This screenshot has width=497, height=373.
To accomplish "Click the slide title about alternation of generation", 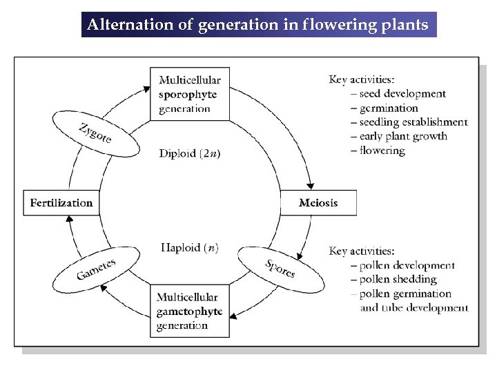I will (x=258, y=25).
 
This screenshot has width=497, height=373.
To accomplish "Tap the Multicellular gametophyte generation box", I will (x=189, y=312).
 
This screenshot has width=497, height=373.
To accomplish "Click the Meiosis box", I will (x=318, y=203).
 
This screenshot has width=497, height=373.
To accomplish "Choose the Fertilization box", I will (x=61, y=203).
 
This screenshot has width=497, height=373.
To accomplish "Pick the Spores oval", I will (x=280, y=268).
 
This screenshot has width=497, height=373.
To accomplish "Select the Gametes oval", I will (x=96, y=269).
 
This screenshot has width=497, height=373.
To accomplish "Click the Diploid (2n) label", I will (x=190, y=153).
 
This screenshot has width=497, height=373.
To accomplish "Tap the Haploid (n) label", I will (x=190, y=247).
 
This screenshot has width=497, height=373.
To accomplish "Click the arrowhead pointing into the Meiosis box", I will (x=311, y=185).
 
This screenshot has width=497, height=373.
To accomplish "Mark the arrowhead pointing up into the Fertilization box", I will (x=68, y=220).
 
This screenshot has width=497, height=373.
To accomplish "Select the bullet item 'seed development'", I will (x=402, y=94).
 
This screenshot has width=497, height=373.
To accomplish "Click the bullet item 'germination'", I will (x=389, y=108).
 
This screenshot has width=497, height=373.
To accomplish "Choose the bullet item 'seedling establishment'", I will (x=413, y=122).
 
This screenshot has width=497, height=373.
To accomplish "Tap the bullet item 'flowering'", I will (x=382, y=151).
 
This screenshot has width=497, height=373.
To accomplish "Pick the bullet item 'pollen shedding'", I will (x=398, y=280).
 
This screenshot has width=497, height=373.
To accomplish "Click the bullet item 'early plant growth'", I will (x=403, y=136).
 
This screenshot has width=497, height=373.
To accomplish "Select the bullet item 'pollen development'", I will (x=407, y=265).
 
